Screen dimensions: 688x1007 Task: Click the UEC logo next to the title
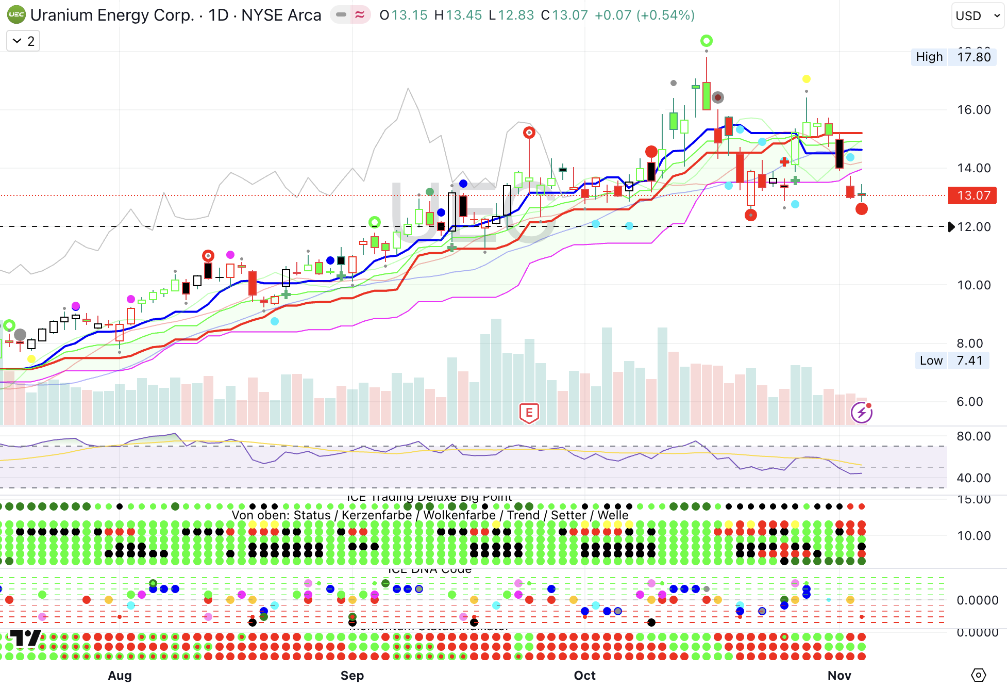(x=16, y=15)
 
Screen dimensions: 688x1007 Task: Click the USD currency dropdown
(x=978, y=15)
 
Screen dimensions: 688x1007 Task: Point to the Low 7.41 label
(x=951, y=361)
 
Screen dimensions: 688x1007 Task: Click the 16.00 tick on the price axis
(x=974, y=110)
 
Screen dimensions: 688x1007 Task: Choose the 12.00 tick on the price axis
(x=974, y=227)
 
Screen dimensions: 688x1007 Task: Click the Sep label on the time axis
(x=352, y=675)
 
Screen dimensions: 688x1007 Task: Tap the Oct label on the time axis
(x=584, y=675)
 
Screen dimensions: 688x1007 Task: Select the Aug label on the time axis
(x=120, y=675)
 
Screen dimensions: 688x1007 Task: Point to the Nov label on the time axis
(x=839, y=675)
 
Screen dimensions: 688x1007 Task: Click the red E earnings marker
(x=529, y=413)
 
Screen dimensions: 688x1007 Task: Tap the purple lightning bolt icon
(x=861, y=413)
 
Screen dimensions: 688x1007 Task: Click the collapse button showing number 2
(x=23, y=41)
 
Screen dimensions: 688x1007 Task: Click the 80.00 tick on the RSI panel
(x=974, y=436)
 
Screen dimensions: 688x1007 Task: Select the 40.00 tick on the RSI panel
(x=974, y=478)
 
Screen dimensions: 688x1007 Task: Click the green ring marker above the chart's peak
(x=706, y=41)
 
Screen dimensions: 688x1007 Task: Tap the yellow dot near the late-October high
(x=807, y=79)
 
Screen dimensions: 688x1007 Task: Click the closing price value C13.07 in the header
(x=564, y=15)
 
